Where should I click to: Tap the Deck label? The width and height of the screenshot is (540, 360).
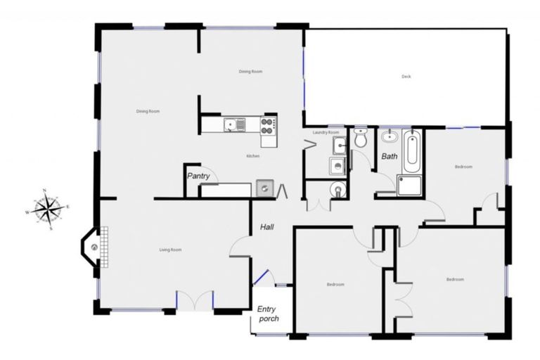click(x=406, y=77)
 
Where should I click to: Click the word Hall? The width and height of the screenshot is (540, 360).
click(x=267, y=227)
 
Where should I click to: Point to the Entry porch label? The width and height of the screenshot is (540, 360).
click(x=268, y=314)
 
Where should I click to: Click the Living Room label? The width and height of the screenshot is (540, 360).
click(x=171, y=250)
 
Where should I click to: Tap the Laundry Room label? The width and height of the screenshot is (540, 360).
click(x=326, y=132)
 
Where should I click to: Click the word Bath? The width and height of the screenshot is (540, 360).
click(x=389, y=156)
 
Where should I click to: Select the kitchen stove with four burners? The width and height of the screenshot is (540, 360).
click(x=268, y=125)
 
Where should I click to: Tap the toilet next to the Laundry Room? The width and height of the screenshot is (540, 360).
click(x=361, y=137)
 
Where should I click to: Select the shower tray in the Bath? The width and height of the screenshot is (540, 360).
click(x=409, y=185)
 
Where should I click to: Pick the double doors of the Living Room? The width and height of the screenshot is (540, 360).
click(x=195, y=300)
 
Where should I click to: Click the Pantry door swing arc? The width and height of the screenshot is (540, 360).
click(x=215, y=175)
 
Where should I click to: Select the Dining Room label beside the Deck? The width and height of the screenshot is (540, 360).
click(x=250, y=72)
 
